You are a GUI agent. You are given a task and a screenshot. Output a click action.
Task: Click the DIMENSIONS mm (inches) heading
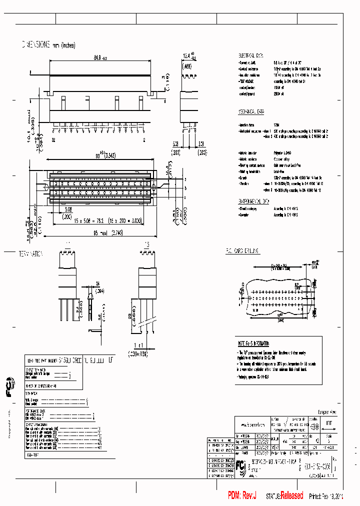(x=48, y=45)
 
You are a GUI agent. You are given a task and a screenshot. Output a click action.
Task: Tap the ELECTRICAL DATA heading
(x=253, y=55)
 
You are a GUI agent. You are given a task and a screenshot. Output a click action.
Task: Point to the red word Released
(x=291, y=495)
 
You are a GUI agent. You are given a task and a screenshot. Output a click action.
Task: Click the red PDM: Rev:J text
(x=242, y=495)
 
